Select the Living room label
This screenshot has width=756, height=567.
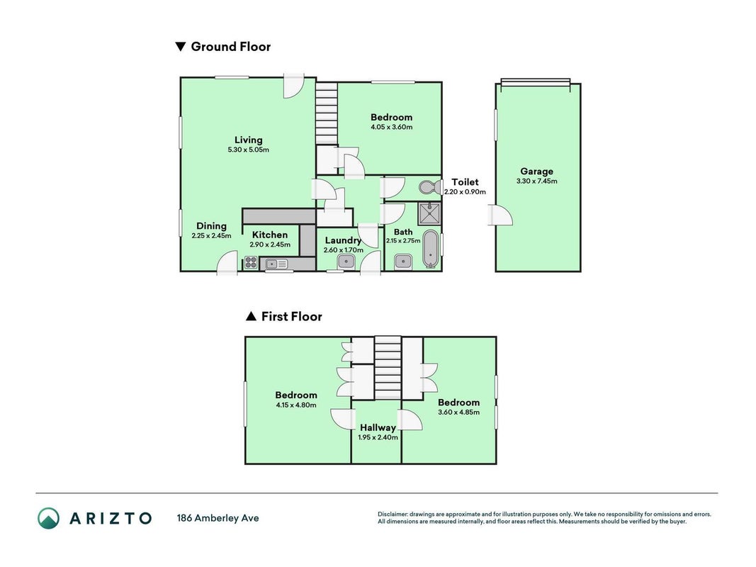click(x=248, y=140)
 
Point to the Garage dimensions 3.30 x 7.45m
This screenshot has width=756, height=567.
click(x=536, y=181)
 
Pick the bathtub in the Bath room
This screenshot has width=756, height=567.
click(x=430, y=248)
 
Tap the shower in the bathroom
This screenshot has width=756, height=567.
click(x=429, y=213)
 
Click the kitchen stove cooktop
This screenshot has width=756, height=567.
click(x=251, y=263)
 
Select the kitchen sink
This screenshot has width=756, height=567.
click(x=276, y=264)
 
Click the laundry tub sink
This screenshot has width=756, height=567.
click(x=346, y=262)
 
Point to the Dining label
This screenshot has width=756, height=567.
click(x=211, y=226)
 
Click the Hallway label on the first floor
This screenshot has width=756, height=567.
click(x=378, y=427)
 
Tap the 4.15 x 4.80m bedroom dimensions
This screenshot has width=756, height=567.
click(x=296, y=405)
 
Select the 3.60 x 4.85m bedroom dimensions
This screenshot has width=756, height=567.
click(x=458, y=412)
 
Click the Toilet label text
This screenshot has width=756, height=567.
click(x=465, y=182)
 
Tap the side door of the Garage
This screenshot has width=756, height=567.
click(x=500, y=215)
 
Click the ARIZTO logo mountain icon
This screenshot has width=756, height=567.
click(x=49, y=518)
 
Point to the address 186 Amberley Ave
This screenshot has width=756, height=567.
click(x=218, y=518)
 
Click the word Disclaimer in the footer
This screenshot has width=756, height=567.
click(x=393, y=515)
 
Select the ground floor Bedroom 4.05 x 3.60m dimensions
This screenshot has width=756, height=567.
click(x=392, y=128)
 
